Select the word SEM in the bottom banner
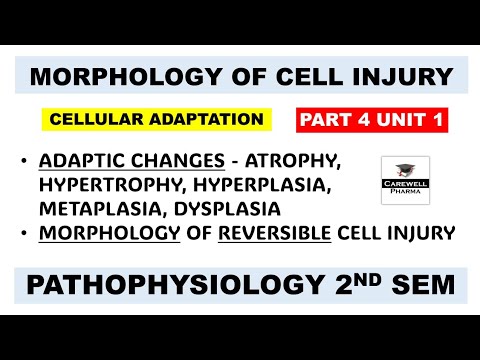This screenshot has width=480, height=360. pyautogui.click(x=425, y=286)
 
